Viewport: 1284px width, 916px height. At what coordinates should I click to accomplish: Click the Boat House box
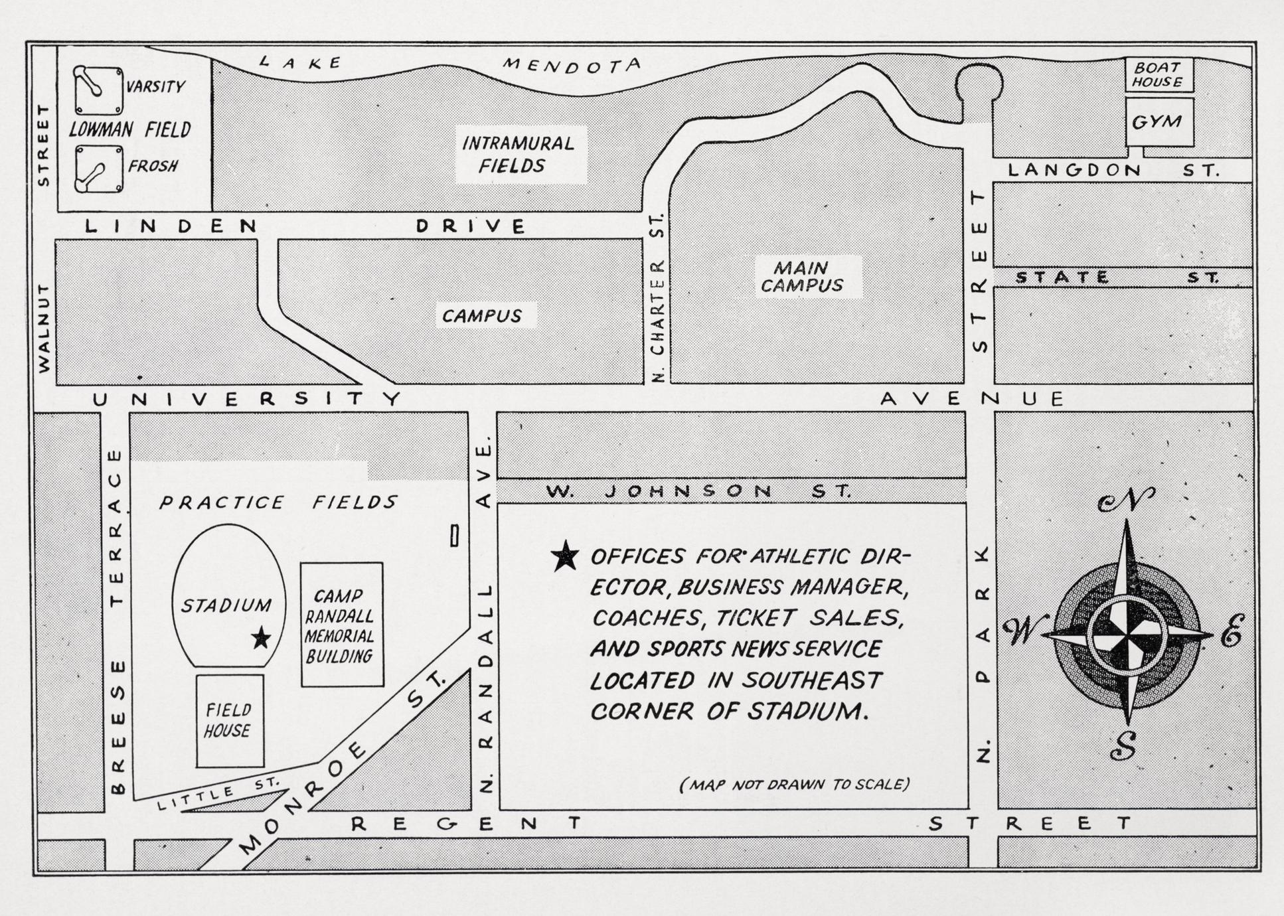[x=1159, y=74]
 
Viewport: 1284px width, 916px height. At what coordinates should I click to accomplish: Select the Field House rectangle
[x=230, y=721]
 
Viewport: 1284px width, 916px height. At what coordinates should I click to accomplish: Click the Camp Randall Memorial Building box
[x=342, y=625]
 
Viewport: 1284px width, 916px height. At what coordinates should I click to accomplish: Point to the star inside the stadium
[x=261, y=638]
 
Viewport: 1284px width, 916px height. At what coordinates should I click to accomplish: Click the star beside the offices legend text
[x=565, y=556]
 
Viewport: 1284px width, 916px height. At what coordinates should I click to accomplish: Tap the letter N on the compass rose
[x=1127, y=500]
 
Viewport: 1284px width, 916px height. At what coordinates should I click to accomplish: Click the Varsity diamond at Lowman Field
[x=98, y=90]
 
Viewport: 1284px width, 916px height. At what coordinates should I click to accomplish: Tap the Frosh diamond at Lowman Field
[x=98, y=169]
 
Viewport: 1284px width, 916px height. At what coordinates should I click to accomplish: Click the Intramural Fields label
[x=518, y=154]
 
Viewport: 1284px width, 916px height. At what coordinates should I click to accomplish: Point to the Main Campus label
[x=801, y=277]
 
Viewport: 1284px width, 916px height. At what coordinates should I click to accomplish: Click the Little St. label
[x=219, y=794]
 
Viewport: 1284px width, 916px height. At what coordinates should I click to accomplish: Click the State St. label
[x=1117, y=277]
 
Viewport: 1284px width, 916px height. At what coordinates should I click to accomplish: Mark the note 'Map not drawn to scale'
[x=794, y=785]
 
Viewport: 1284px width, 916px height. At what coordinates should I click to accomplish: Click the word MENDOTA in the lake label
[x=572, y=65]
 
